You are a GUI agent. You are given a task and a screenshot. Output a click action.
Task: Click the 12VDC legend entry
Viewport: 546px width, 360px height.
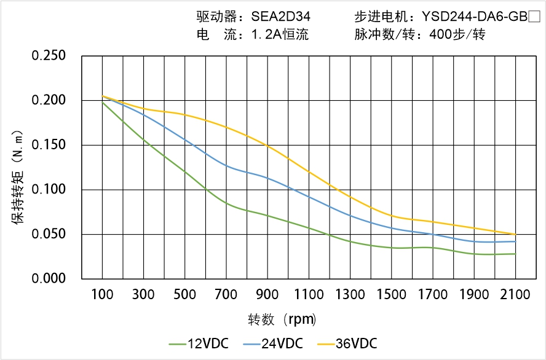(x=199, y=343)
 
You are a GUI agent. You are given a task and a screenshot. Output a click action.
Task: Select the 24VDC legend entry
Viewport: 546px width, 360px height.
(x=273, y=343)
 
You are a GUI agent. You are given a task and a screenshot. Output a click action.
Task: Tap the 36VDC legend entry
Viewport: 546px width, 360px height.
(x=347, y=343)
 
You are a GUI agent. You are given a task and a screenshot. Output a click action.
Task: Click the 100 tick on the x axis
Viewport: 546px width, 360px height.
(x=102, y=295)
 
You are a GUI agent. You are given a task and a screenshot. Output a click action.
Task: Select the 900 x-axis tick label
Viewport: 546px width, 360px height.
(x=267, y=295)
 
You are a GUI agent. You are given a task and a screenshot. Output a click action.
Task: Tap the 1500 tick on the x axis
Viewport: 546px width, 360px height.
(x=391, y=295)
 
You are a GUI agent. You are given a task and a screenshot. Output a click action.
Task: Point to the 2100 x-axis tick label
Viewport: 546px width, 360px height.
(x=515, y=295)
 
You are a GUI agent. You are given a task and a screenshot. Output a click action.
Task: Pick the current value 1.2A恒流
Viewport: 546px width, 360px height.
(x=280, y=35)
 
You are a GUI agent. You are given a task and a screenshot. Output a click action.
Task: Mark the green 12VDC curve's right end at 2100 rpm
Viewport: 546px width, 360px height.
(x=515, y=254)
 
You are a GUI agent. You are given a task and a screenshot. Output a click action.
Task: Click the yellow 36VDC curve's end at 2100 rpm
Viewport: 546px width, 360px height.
(x=515, y=234)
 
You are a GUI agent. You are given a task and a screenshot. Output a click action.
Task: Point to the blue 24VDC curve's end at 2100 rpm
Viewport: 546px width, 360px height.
(x=515, y=241)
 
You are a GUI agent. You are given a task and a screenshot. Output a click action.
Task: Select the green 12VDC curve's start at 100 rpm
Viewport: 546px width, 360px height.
(x=102, y=102)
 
